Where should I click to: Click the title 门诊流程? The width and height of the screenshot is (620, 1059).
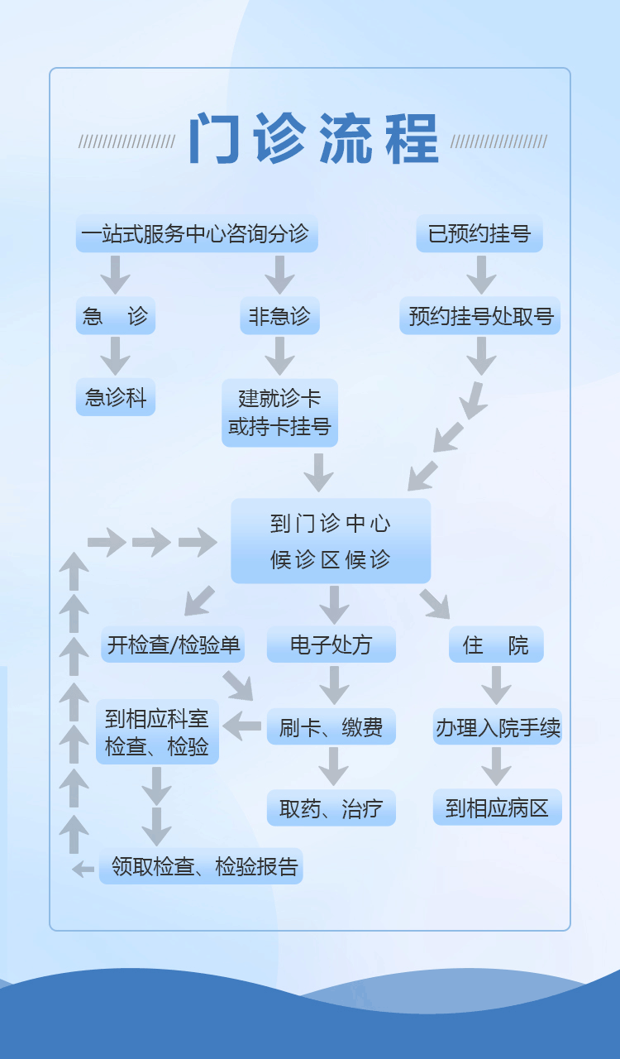(x=313, y=138)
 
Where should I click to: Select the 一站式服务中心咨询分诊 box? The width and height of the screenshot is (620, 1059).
(x=197, y=234)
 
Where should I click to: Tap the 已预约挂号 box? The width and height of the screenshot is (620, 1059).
(x=479, y=234)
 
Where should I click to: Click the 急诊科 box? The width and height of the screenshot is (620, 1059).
(x=116, y=398)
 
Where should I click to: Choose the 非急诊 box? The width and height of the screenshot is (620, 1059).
(x=279, y=316)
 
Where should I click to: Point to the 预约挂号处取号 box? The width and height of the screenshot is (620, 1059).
(x=479, y=316)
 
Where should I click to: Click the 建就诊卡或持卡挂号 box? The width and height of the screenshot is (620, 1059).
(x=279, y=413)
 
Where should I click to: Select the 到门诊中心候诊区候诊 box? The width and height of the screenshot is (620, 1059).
(x=331, y=541)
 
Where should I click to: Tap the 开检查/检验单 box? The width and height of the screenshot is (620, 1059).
(x=174, y=645)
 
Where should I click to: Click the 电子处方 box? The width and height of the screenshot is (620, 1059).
(x=331, y=645)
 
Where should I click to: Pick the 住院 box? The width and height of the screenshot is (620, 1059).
(x=496, y=645)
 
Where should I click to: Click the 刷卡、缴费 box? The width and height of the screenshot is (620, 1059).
(x=331, y=727)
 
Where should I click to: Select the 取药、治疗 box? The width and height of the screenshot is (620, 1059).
(x=331, y=808)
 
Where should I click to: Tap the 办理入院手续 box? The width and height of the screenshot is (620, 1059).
(x=497, y=727)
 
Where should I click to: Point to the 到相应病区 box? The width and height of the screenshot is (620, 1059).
(x=497, y=807)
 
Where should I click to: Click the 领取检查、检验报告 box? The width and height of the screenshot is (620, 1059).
(x=201, y=866)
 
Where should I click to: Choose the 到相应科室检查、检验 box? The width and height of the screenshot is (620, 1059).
(x=157, y=732)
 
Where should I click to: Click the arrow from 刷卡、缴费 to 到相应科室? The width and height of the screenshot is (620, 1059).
(x=242, y=726)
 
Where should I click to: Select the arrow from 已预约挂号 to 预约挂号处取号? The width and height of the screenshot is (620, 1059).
(x=480, y=275)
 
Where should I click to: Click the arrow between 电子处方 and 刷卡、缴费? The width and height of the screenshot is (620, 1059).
(x=333, y=685)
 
